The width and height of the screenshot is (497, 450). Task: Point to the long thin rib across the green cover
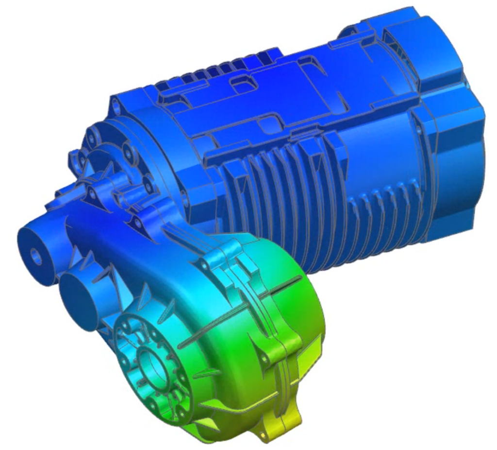point(243,311)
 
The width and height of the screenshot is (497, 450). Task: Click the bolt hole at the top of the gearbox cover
point(207,266)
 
